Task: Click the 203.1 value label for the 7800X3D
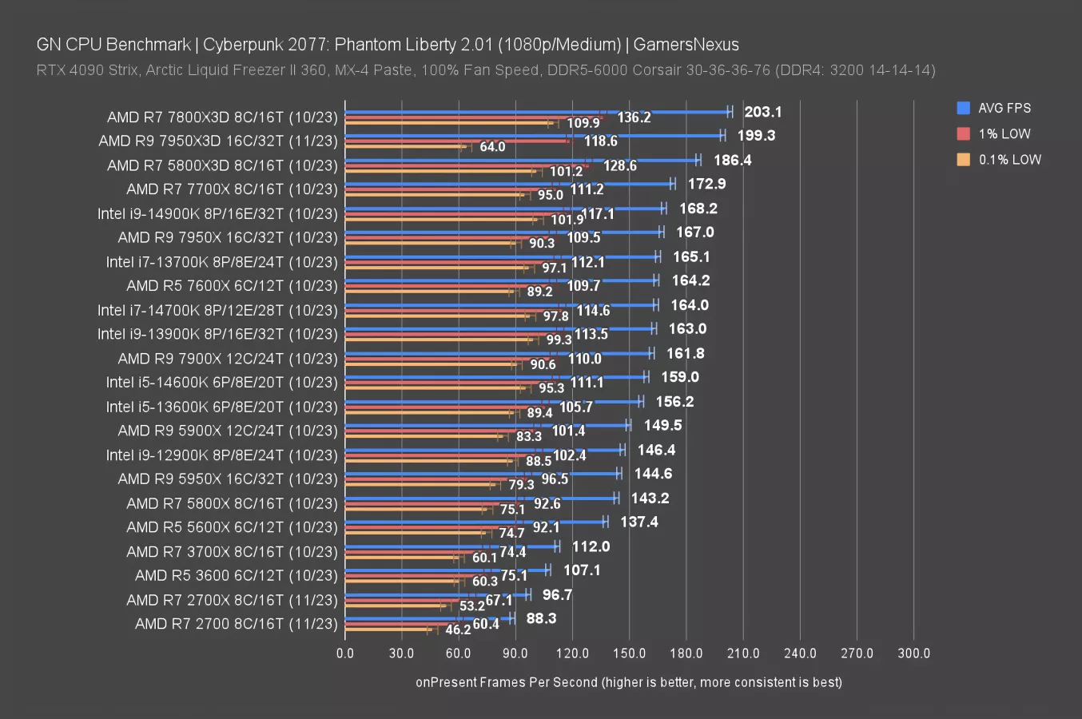[x=762, y=112]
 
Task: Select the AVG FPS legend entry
[x=1004, y=108]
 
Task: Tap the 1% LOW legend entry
[x=1004, y=133]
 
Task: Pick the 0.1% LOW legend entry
[x=1009, y=159]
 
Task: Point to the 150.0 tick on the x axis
[x=629, y=653]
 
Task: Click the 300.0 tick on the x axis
[x=913, y=653]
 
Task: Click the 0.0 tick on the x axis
[x=345, y=653]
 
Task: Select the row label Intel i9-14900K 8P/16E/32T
[x=217, y=213]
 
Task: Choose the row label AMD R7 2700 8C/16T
[x=236, y=623]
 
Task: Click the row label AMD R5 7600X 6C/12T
[x=232, y=285]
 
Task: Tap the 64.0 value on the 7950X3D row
[x=492, y=147]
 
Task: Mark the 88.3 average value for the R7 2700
[x=541, y=618]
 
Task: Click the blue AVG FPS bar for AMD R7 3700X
[x=451, y=546]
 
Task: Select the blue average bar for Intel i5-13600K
[x=492, y=402]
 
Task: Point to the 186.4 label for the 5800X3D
[x=732, y=161]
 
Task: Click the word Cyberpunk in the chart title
[x=238, y=45]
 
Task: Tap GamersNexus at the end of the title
[x=686, y=45]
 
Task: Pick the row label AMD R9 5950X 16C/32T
[x=228, y=479]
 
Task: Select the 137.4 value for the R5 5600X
[x=638, y=522]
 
